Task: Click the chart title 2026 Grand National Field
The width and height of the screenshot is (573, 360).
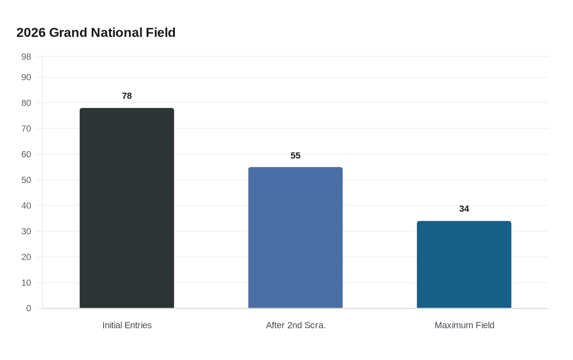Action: click(96, 33)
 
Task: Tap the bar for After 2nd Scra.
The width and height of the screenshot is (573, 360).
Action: click(296, 237)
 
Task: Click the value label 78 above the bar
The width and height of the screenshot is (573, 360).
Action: click(127, 96)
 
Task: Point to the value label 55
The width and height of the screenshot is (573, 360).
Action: click(296, 156)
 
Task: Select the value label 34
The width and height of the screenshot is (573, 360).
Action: click(464, 209)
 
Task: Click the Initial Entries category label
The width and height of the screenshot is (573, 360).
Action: click(127, 325)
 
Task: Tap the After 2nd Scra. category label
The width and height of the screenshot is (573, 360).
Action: click(296, 325)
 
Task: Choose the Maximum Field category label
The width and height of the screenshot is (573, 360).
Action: click(464, 325)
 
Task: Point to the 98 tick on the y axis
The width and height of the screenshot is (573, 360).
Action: click(26, 57)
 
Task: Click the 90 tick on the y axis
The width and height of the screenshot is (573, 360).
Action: click(26, 77)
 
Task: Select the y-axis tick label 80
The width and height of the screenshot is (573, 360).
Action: click(26, 103)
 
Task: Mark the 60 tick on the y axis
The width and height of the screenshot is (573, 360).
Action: click(26, 154)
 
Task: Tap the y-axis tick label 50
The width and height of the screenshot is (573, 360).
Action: click(26, 180)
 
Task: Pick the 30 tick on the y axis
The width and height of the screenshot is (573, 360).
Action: click(26, 232)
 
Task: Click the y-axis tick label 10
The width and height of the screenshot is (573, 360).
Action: click(26, 283)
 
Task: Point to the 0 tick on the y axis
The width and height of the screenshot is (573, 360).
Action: click(29, 308)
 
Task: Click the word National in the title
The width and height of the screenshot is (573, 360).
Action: click(116, 33)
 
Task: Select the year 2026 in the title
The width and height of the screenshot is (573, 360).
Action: click(31, 33)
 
